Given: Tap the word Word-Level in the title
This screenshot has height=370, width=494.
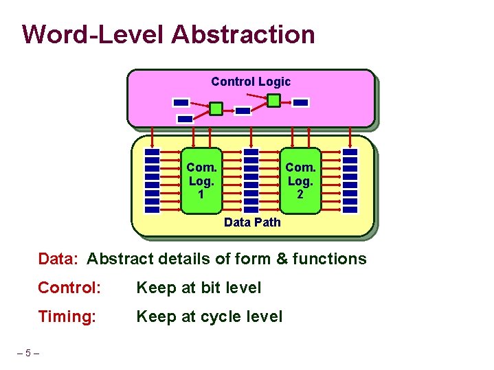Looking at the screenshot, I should (93, 34).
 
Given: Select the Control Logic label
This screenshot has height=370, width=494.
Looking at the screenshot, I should (251, 82).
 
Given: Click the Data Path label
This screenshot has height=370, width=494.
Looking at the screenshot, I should (252, 222).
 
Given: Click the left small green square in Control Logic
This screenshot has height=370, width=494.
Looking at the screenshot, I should (216, 108).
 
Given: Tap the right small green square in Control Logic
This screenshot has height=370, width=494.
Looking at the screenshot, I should (273, 101).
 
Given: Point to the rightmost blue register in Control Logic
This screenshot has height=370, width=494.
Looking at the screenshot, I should (301, 102).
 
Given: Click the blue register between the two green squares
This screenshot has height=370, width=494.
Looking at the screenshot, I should (243, 110).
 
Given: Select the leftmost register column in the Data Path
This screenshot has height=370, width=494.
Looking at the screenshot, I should (153, 181).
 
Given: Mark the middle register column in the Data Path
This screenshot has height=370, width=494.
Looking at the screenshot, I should (251, 181).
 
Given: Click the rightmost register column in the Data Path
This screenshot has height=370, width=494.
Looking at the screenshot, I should (350, 181).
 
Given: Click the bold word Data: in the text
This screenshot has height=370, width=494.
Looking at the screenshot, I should (60, 259).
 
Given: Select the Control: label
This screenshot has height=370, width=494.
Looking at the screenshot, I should (69, 288).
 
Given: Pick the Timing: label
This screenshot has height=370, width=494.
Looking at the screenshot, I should (67, 316).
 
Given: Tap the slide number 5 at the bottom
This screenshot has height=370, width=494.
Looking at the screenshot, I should (28, 354).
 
